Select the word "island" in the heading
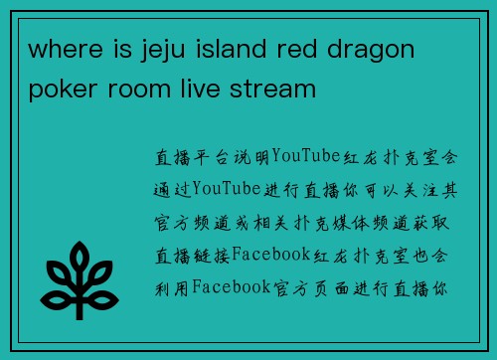pos(234,48)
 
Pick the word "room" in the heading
pos(140,90)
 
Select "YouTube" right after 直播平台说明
pos(306,157)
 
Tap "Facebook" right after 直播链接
pos(270,256)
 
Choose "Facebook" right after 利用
pos(231,288)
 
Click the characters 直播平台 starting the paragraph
pos(188,157)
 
